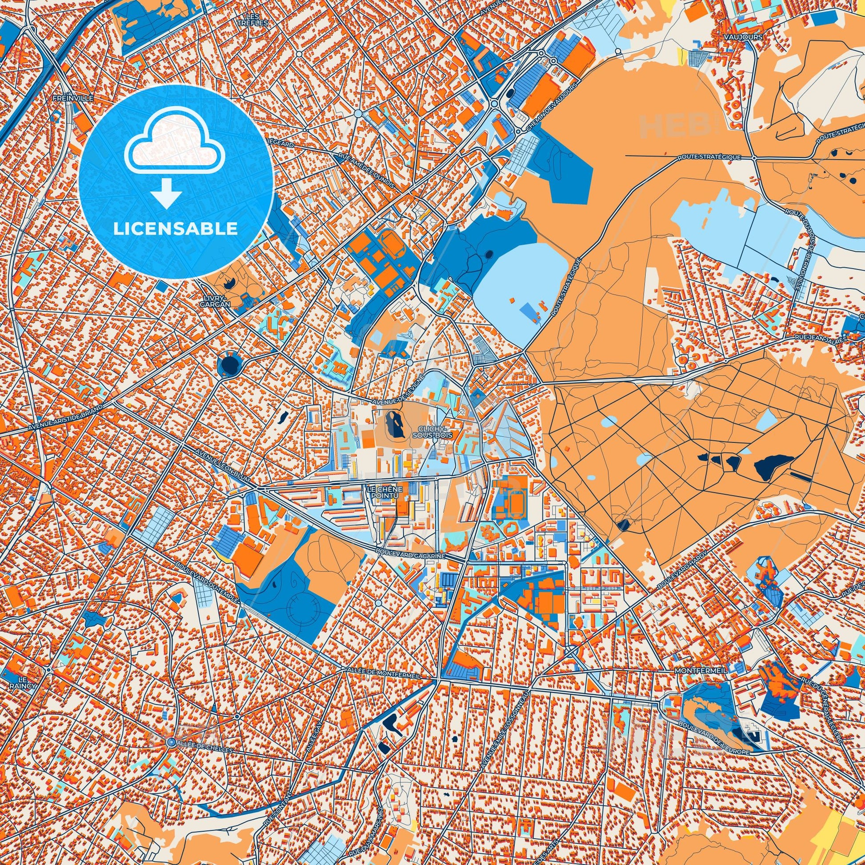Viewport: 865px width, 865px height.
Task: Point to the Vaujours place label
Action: [745, 37]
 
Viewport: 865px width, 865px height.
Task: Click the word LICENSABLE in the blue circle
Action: [175, 229]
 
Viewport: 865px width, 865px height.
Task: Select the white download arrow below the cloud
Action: [166, 192]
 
